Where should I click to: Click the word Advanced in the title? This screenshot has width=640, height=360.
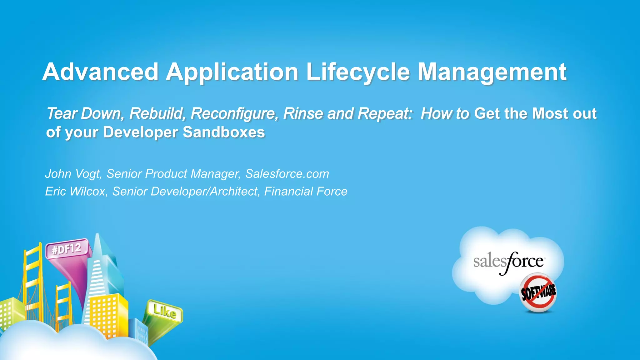[x=101, y=72]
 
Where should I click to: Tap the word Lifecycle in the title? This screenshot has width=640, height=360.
[x=358, y=72]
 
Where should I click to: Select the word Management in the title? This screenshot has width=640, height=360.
[x=492, y=72]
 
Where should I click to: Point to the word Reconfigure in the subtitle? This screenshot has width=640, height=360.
[x=234, y=113]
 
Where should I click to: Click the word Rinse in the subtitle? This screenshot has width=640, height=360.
[x=303, y=113]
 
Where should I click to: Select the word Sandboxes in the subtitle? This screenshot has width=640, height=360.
[x=224, y=132]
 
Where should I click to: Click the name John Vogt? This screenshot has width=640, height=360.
[x=74, y=174]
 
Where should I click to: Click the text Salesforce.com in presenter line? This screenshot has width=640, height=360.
[x=287, y=174]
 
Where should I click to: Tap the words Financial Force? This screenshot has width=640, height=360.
[x=306, y=191]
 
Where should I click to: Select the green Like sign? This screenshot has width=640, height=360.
[x=165, y=311]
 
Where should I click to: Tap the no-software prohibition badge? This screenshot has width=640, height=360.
[x=538, y=292]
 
